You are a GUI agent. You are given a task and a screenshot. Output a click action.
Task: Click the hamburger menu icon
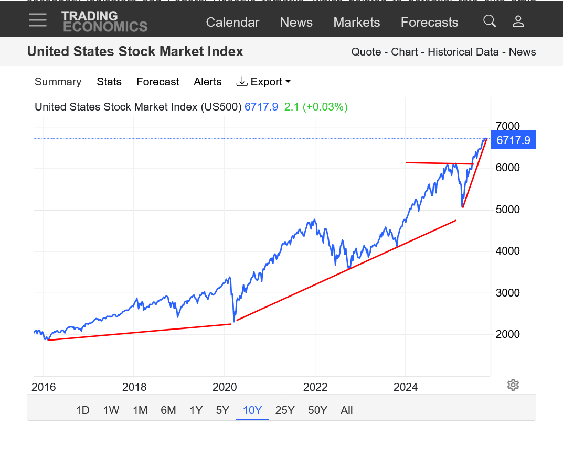tap(38, 20)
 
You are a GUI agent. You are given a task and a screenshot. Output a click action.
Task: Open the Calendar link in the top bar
tap(232, 23)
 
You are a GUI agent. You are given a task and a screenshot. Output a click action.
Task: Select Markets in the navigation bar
tap(356, 23)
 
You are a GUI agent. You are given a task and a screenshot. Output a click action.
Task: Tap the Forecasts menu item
tap(429, 23)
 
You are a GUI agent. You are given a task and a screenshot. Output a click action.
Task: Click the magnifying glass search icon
tap(490, 21)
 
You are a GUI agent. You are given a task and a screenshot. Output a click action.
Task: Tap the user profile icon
tap(518, 21)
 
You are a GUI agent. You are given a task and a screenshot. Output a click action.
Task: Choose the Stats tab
tap(109, 82)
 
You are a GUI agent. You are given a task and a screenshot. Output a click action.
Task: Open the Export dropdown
tap(263, 82)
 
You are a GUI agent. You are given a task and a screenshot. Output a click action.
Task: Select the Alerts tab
tap(208, 82)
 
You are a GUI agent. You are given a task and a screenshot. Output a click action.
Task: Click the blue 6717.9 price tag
tap(513, 140)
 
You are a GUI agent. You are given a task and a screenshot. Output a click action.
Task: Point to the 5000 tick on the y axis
tap(507, 210)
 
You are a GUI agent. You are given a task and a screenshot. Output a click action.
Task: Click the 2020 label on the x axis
tap(224, 387)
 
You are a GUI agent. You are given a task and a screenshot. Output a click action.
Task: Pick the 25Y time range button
tap(285, 410)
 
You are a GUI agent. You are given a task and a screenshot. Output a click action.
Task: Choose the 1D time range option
tap(82, 410)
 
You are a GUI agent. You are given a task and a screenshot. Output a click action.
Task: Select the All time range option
tap(346, 410)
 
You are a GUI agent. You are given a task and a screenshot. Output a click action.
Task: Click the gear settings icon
tap(513, 385)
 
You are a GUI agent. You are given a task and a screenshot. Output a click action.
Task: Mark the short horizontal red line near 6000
tap(439, 163)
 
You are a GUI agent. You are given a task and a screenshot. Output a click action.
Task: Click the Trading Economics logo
tap(104, 21)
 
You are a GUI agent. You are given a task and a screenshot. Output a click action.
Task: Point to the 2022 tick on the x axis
tap(315, 387)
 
